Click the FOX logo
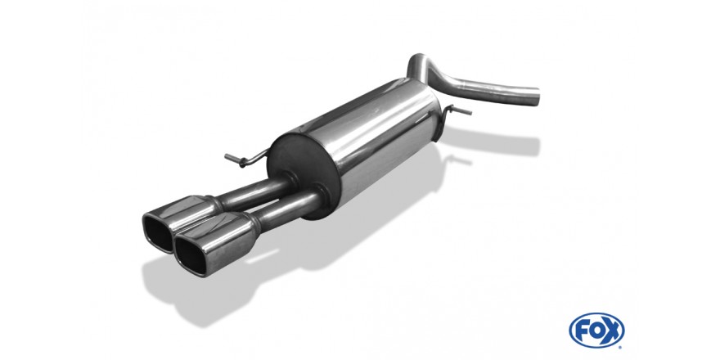click(596, 331)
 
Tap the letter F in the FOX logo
click(582, 331)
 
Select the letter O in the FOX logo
click(596, 331)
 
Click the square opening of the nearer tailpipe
click(190, 255)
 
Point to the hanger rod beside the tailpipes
click(245, 159)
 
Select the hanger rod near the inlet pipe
click(456, 110)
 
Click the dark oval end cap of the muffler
click(303, 171)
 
